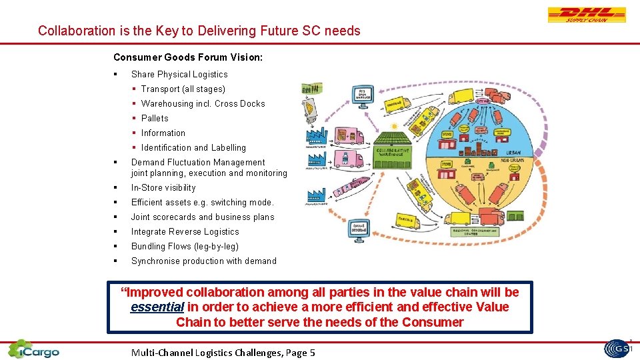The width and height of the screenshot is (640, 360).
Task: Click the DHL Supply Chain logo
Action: [587, 15]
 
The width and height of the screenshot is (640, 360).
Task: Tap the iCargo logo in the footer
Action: [33, 349]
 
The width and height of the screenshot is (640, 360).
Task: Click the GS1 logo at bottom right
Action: [619, 349]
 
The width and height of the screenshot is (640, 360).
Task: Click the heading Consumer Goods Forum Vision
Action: [188, 58]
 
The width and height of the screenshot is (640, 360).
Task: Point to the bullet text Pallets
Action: [155, 118]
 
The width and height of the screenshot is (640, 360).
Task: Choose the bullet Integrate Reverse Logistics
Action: [185, 231]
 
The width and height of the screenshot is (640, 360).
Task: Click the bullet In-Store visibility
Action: [163, 187]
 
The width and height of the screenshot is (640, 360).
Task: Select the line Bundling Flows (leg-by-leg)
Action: [185, 246]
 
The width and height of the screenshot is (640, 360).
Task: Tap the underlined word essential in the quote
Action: [157, 307]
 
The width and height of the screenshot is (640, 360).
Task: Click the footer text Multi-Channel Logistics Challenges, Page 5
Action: [223, 353]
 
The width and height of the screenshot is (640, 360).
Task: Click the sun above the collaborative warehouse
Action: [395, 126]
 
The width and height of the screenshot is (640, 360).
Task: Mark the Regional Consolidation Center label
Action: [475, 233]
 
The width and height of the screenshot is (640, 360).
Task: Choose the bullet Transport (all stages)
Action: [183, 89]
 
